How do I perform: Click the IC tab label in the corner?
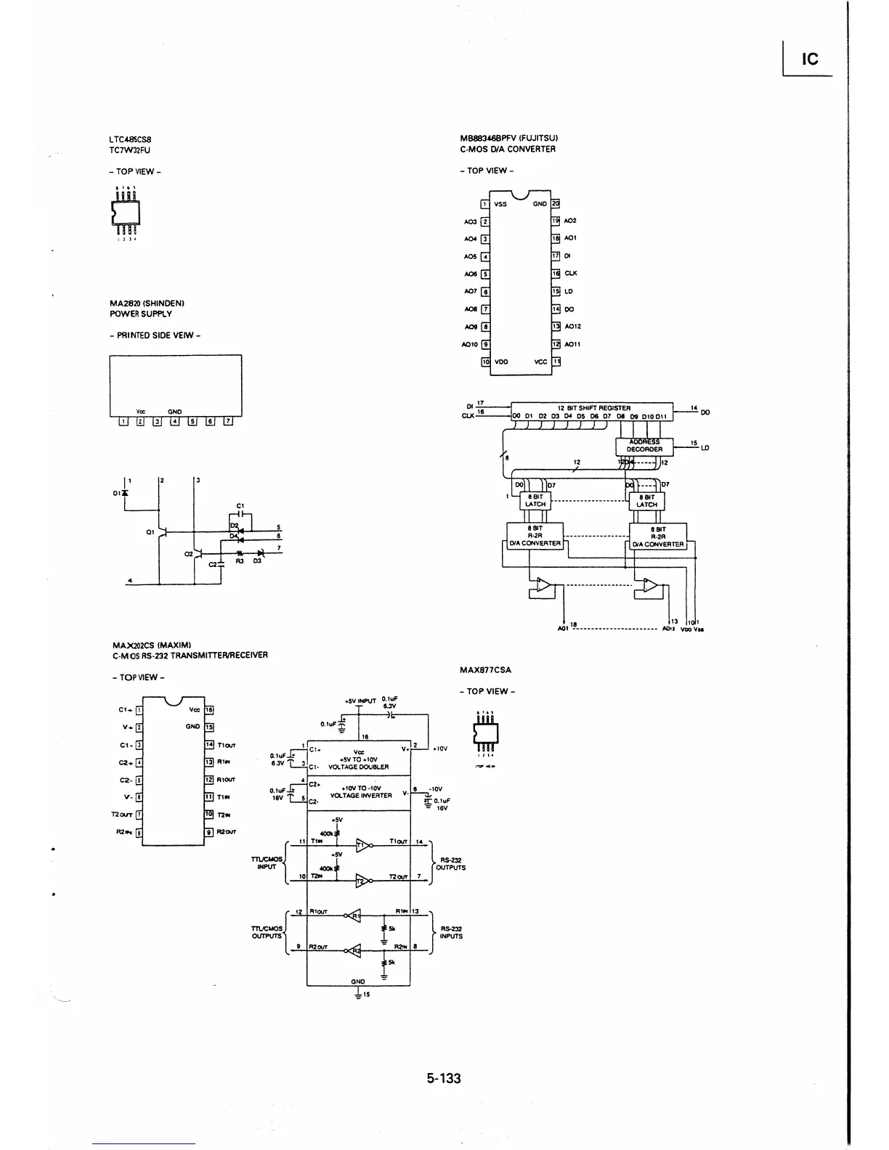pos(809,59)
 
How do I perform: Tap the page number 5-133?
pos(444,1078)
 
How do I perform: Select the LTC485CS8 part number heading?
pos(131,139)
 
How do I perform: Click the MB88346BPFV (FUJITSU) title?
pos(508,138)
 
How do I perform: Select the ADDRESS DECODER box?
pos(644,445)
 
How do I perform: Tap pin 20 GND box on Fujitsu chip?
pos(556,204)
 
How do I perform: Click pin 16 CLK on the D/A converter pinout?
pos(556,274)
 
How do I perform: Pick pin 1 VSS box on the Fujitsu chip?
pos(486,204)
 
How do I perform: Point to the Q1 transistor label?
pos(150,532)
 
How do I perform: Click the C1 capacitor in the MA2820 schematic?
pos(241,515)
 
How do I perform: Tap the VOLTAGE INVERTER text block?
pos(360,795)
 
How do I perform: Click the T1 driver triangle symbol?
pos(362,844)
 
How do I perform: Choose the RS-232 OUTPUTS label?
pos(452,864)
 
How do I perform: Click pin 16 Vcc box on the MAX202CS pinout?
pos(209,710)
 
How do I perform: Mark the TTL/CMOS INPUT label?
pos(266,862)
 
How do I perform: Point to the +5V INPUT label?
pos(360,701)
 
